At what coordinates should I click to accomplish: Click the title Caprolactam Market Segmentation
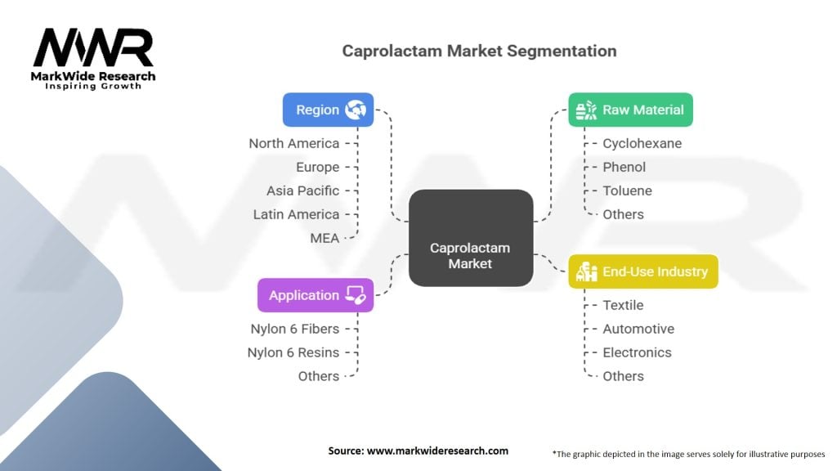click(479, 51)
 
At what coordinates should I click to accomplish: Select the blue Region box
click(328, 110)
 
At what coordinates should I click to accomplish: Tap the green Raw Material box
click(630, 110)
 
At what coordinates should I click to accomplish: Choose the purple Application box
click(316, 295)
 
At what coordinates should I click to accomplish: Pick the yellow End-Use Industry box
click(642, 271)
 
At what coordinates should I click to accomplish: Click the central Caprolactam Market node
click(470, 256)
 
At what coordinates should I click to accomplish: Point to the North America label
click(293, 143)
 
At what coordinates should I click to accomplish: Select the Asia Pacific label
click(302, 191)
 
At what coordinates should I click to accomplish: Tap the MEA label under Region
click(324, 238)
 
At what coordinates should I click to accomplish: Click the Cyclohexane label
click(642, 143)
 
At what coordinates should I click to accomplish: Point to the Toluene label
click(627, 191)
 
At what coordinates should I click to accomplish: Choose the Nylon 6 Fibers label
click(294, 329)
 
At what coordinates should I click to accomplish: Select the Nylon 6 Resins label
click(293, 352)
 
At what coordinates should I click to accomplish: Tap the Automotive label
click(638, 329)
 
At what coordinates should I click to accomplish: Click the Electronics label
click(637, 352)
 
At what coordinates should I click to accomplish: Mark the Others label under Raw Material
click(623, 214)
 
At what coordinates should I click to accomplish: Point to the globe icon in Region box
click(356, 110)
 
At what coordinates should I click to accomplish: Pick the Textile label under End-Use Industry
click(623, 305)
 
